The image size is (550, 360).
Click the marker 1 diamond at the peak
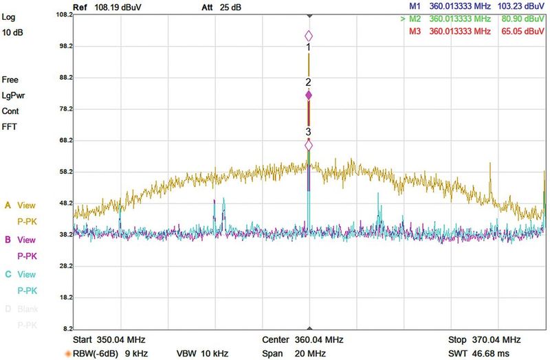309,36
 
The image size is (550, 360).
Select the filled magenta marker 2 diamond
309,95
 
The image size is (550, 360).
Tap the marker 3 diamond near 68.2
309,145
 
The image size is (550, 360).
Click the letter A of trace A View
8,205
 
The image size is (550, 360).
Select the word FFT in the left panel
10,127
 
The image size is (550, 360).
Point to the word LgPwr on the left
14,95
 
